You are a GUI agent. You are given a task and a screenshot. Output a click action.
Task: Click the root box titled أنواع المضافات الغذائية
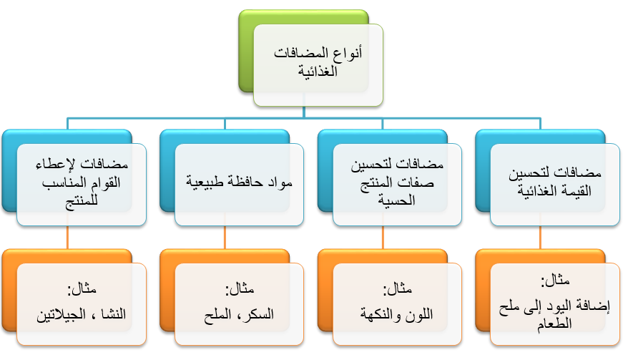[x=318, y=64]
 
